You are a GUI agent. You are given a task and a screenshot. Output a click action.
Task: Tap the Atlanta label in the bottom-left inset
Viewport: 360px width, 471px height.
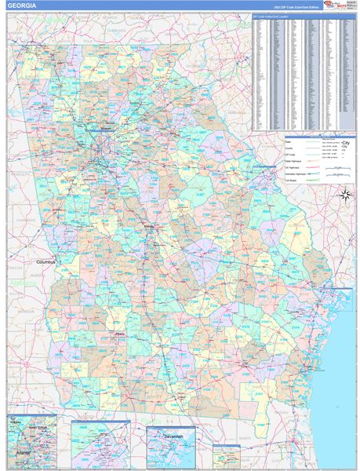(x=21, y=452)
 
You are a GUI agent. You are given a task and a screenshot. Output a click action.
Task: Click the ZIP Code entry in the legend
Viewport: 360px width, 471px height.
(x=291, y=155)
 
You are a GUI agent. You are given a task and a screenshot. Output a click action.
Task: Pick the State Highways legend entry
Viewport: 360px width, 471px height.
(x=295, y=162)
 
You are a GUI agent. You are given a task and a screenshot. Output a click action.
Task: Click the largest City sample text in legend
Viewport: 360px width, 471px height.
(x=345, y=142)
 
